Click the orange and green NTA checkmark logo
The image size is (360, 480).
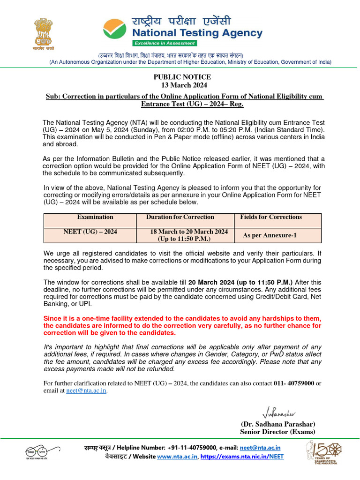click(115, 30)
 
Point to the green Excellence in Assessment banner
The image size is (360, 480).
click(164, 43)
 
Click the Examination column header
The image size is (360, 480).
click(95, 217)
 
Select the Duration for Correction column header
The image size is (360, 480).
click(180, 217)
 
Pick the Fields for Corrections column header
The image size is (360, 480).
click(271, 217)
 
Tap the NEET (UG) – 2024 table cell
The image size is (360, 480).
click(90, 232)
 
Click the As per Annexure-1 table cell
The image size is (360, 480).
click(270, 235)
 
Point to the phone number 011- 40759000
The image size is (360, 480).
click(293, 383)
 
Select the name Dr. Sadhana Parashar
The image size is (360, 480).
click(277, 424)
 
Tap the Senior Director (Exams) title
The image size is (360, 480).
click(277, 432)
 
